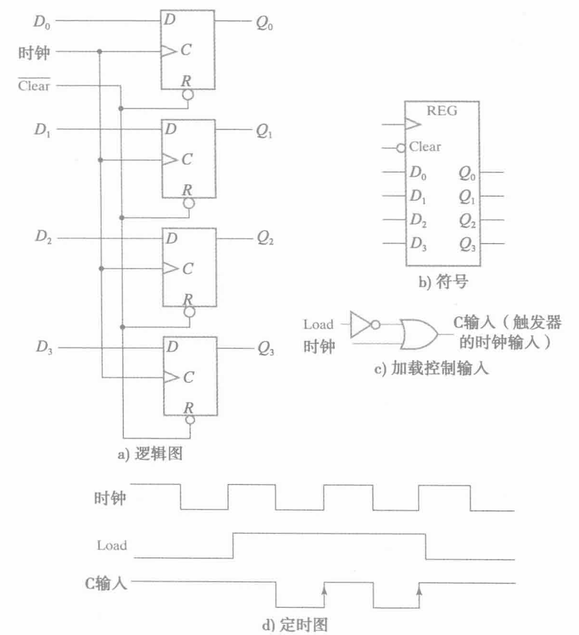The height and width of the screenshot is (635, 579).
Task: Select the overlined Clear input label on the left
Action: click(34, 86)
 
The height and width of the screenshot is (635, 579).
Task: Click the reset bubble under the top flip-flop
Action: click(188, 94)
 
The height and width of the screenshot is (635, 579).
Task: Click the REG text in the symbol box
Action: click(442, 111)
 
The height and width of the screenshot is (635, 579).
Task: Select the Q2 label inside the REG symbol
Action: click(467, 221)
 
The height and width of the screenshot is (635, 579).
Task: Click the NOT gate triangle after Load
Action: click(359, 325)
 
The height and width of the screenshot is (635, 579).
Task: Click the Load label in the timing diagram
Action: click(112, 545)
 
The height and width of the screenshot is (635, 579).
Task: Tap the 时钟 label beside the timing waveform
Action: click(111, 499)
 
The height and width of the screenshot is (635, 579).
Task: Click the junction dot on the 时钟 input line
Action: click(100, 52)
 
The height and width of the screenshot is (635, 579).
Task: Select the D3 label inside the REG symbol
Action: click(418, 244)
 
